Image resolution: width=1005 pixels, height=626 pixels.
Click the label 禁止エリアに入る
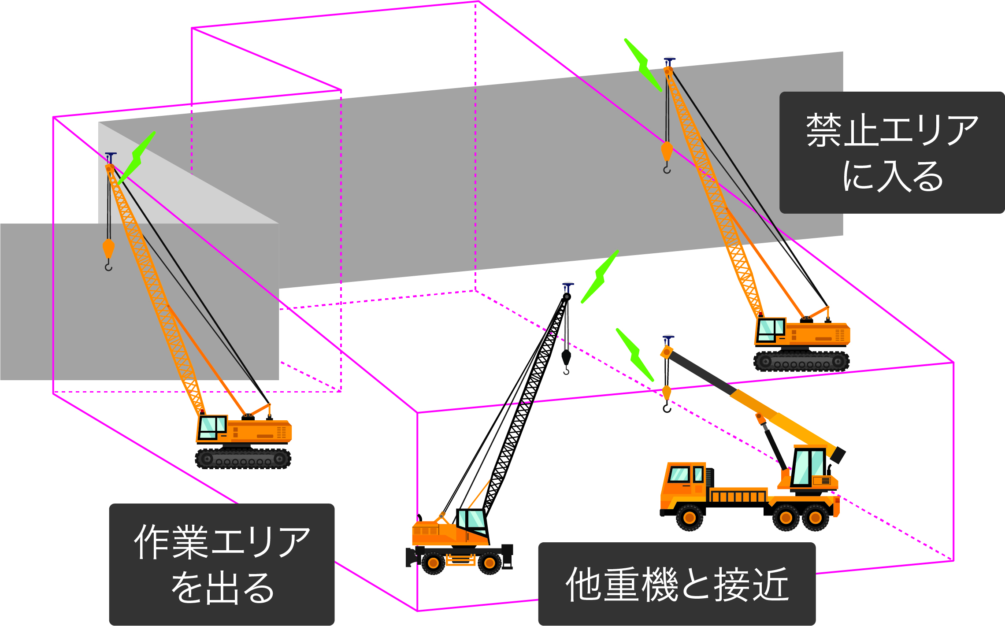891,152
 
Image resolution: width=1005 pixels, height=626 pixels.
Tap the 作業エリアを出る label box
222,564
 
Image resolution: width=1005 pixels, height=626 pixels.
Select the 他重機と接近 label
677,584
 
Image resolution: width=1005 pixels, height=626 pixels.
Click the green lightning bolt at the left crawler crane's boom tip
137,157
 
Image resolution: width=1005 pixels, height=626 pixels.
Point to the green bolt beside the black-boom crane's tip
600,277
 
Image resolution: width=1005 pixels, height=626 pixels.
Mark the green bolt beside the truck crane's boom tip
635,355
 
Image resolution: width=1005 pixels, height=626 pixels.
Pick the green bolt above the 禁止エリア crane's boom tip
643,65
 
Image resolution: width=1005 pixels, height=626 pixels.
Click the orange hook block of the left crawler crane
108,249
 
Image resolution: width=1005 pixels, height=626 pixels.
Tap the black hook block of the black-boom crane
566,357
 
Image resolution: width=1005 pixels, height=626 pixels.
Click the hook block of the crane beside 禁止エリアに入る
667,151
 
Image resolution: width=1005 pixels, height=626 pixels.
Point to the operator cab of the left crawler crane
212,427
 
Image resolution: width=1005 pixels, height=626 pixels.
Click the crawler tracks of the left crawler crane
243,459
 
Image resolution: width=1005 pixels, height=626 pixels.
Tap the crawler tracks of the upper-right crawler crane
801,362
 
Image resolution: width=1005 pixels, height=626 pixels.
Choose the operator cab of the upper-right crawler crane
770,330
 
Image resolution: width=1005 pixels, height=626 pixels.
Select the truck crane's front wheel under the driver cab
690,518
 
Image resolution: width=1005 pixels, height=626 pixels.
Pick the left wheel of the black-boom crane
433,563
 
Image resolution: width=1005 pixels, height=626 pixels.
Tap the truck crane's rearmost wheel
815,518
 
